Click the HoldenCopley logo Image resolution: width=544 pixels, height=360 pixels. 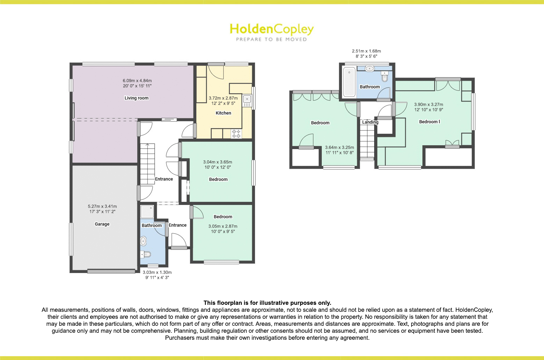271,32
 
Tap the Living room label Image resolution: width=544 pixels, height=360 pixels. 137,98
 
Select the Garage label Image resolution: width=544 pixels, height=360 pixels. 102,224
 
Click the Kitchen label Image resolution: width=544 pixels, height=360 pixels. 223,113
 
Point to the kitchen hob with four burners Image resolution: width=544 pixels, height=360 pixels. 236,134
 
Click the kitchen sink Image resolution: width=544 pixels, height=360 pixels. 247,101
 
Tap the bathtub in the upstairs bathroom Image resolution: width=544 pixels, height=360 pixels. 349,82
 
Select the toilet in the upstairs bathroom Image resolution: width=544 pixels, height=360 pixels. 384,76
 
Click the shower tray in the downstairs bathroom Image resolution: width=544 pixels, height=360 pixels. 147,212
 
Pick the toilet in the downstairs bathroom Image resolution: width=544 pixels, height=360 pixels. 146,255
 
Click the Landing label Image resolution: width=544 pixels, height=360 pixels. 370,122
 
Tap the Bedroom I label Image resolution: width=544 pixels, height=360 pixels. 429,122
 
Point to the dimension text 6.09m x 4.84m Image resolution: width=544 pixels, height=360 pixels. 137,81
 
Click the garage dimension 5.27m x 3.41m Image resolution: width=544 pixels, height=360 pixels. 102,206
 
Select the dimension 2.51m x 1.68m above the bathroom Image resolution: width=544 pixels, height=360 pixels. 366,51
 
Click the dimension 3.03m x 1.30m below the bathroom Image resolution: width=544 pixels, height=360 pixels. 157,272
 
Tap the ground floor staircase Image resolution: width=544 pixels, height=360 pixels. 147,164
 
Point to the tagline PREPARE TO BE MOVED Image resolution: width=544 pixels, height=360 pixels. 271,39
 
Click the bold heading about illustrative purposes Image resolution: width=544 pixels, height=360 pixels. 267,303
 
